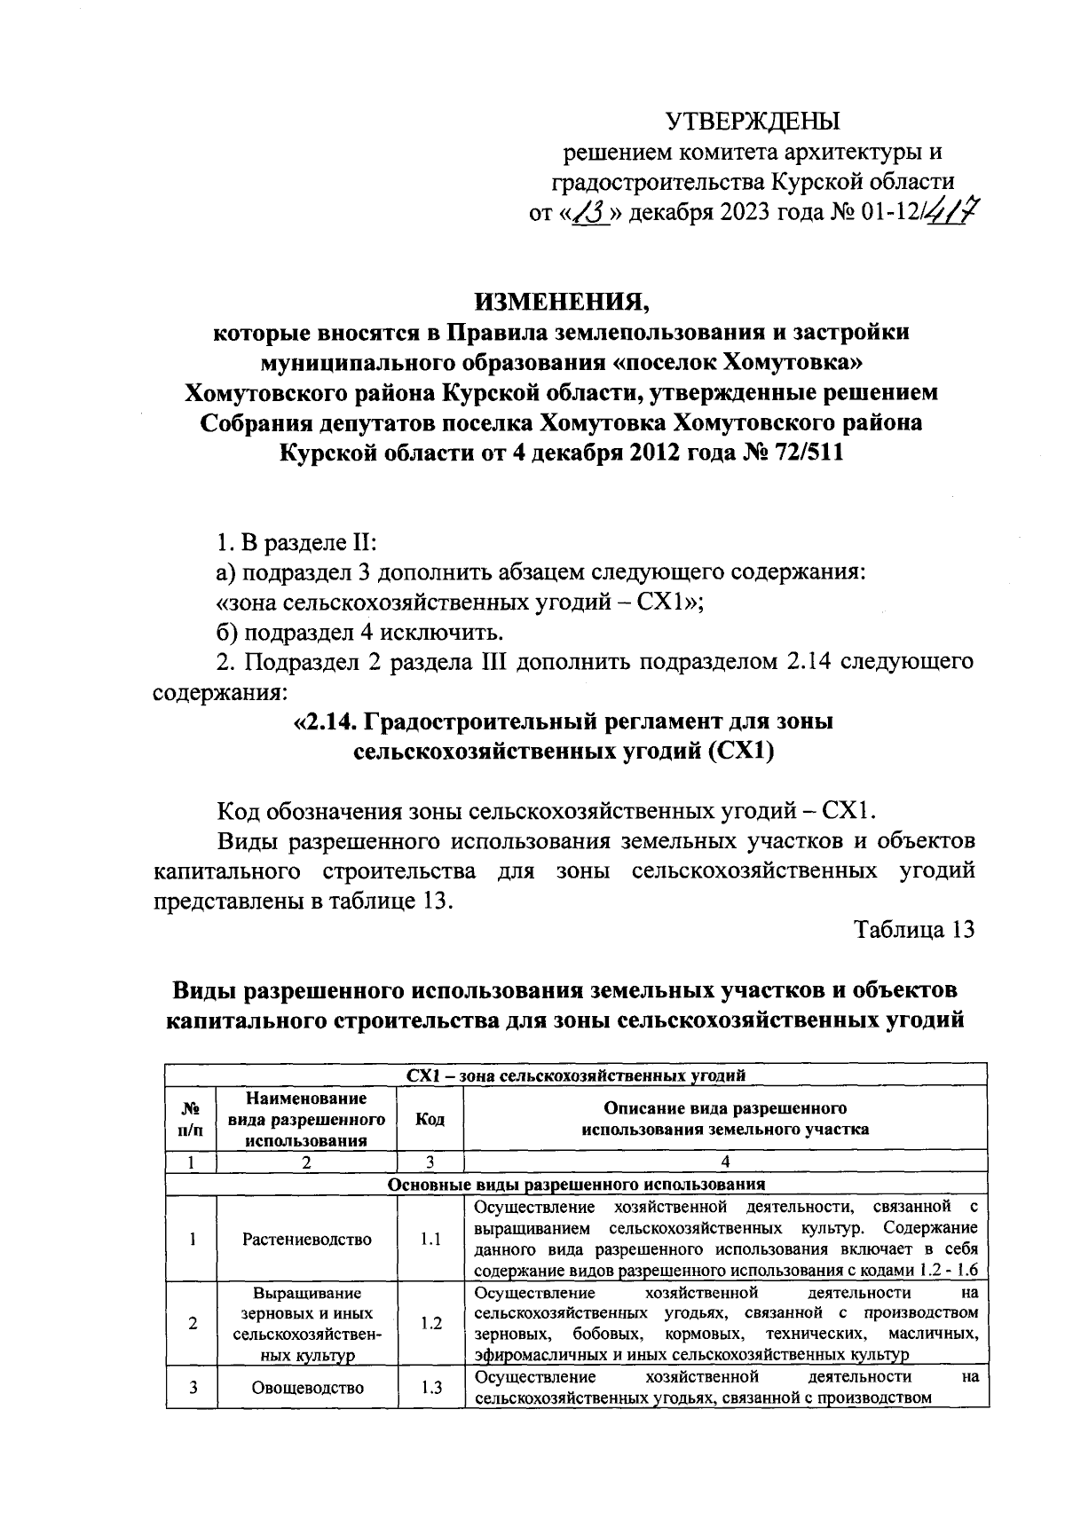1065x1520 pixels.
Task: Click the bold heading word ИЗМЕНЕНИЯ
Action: click(562, 302)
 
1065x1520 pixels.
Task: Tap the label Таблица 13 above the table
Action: click(914, 929)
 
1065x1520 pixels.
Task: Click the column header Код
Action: click(430, 1119)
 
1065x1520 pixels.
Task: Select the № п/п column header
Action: click(192, 1119)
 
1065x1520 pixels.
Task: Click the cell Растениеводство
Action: click(307, 1240)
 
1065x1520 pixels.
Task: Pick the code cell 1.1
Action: click(430, 1240)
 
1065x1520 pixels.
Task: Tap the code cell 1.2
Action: click(430, 1323)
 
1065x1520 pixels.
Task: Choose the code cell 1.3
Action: click(430, 1388)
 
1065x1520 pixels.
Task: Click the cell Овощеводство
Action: click(307, 1388)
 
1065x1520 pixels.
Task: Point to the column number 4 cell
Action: click(725, 1162)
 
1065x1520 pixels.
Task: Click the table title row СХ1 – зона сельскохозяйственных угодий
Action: click(575, 1075)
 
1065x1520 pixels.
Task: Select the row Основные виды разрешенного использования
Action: click(575, 1185)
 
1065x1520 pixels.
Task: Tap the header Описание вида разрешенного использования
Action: click(725, 1119)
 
